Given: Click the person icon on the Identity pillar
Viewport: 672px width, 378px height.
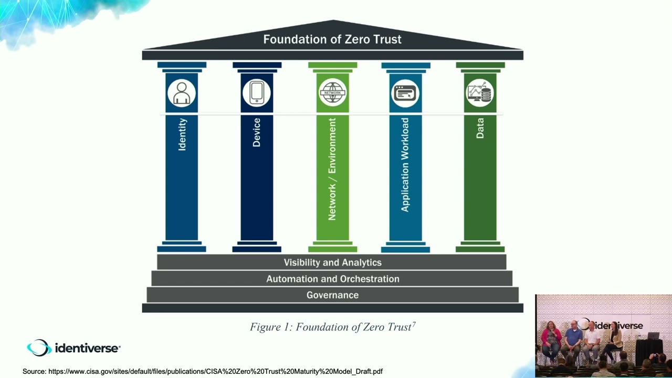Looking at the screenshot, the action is click(182, 93).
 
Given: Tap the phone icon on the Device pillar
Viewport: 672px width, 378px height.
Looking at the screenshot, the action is click(257, 92).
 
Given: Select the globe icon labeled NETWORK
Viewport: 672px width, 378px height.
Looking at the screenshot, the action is click(332, 93).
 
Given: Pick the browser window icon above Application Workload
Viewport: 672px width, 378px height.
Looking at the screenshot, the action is click(405, 93).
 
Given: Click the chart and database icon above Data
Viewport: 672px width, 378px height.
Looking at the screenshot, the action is click(480, 93).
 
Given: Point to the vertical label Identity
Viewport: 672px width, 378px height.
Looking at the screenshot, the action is click(182, 134).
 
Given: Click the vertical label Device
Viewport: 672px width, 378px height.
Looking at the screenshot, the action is click(257, 132).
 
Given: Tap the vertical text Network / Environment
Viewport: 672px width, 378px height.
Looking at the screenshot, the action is click(332, 169).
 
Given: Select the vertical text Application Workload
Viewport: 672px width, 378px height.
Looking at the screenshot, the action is click(405, 164).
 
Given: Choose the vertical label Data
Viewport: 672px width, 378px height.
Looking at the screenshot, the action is click(480, 128).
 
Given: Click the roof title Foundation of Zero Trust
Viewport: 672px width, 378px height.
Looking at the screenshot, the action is click(332, 39).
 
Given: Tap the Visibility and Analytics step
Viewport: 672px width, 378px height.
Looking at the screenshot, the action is click(332, 262).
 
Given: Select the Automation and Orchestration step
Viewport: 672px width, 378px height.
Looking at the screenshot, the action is click(332, 279).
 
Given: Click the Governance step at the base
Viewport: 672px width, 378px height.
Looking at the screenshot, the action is click(332, 295).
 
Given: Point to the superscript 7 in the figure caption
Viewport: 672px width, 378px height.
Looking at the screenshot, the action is click(414, 324).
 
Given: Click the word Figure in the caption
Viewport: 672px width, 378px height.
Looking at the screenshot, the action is click(266, 327).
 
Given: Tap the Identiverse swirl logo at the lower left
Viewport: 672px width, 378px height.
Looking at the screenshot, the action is click(39, 348).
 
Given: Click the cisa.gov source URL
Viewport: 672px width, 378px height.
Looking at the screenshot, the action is click(215, 371).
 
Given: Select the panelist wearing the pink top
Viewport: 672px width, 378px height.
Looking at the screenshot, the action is click(551, 339).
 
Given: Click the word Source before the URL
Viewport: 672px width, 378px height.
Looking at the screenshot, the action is click(34, 371).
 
